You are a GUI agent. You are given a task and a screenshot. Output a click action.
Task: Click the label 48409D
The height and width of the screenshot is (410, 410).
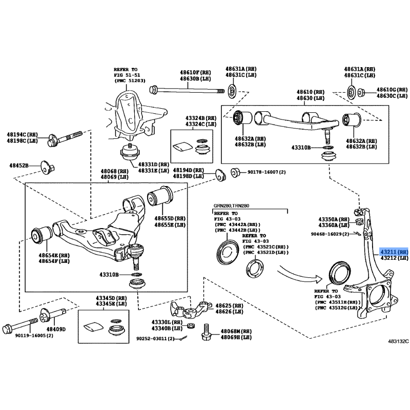click(56, 329)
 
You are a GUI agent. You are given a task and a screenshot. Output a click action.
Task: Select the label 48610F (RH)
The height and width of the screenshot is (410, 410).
click(195, 72)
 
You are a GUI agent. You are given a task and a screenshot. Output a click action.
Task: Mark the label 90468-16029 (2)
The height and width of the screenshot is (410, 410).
click(330, 234)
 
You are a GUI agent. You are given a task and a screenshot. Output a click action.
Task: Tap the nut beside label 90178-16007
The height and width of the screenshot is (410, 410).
click(236, 171)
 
